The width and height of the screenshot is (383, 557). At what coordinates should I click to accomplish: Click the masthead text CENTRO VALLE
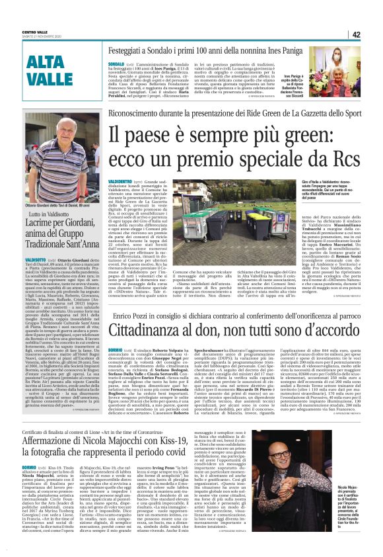tap(34, 31)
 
